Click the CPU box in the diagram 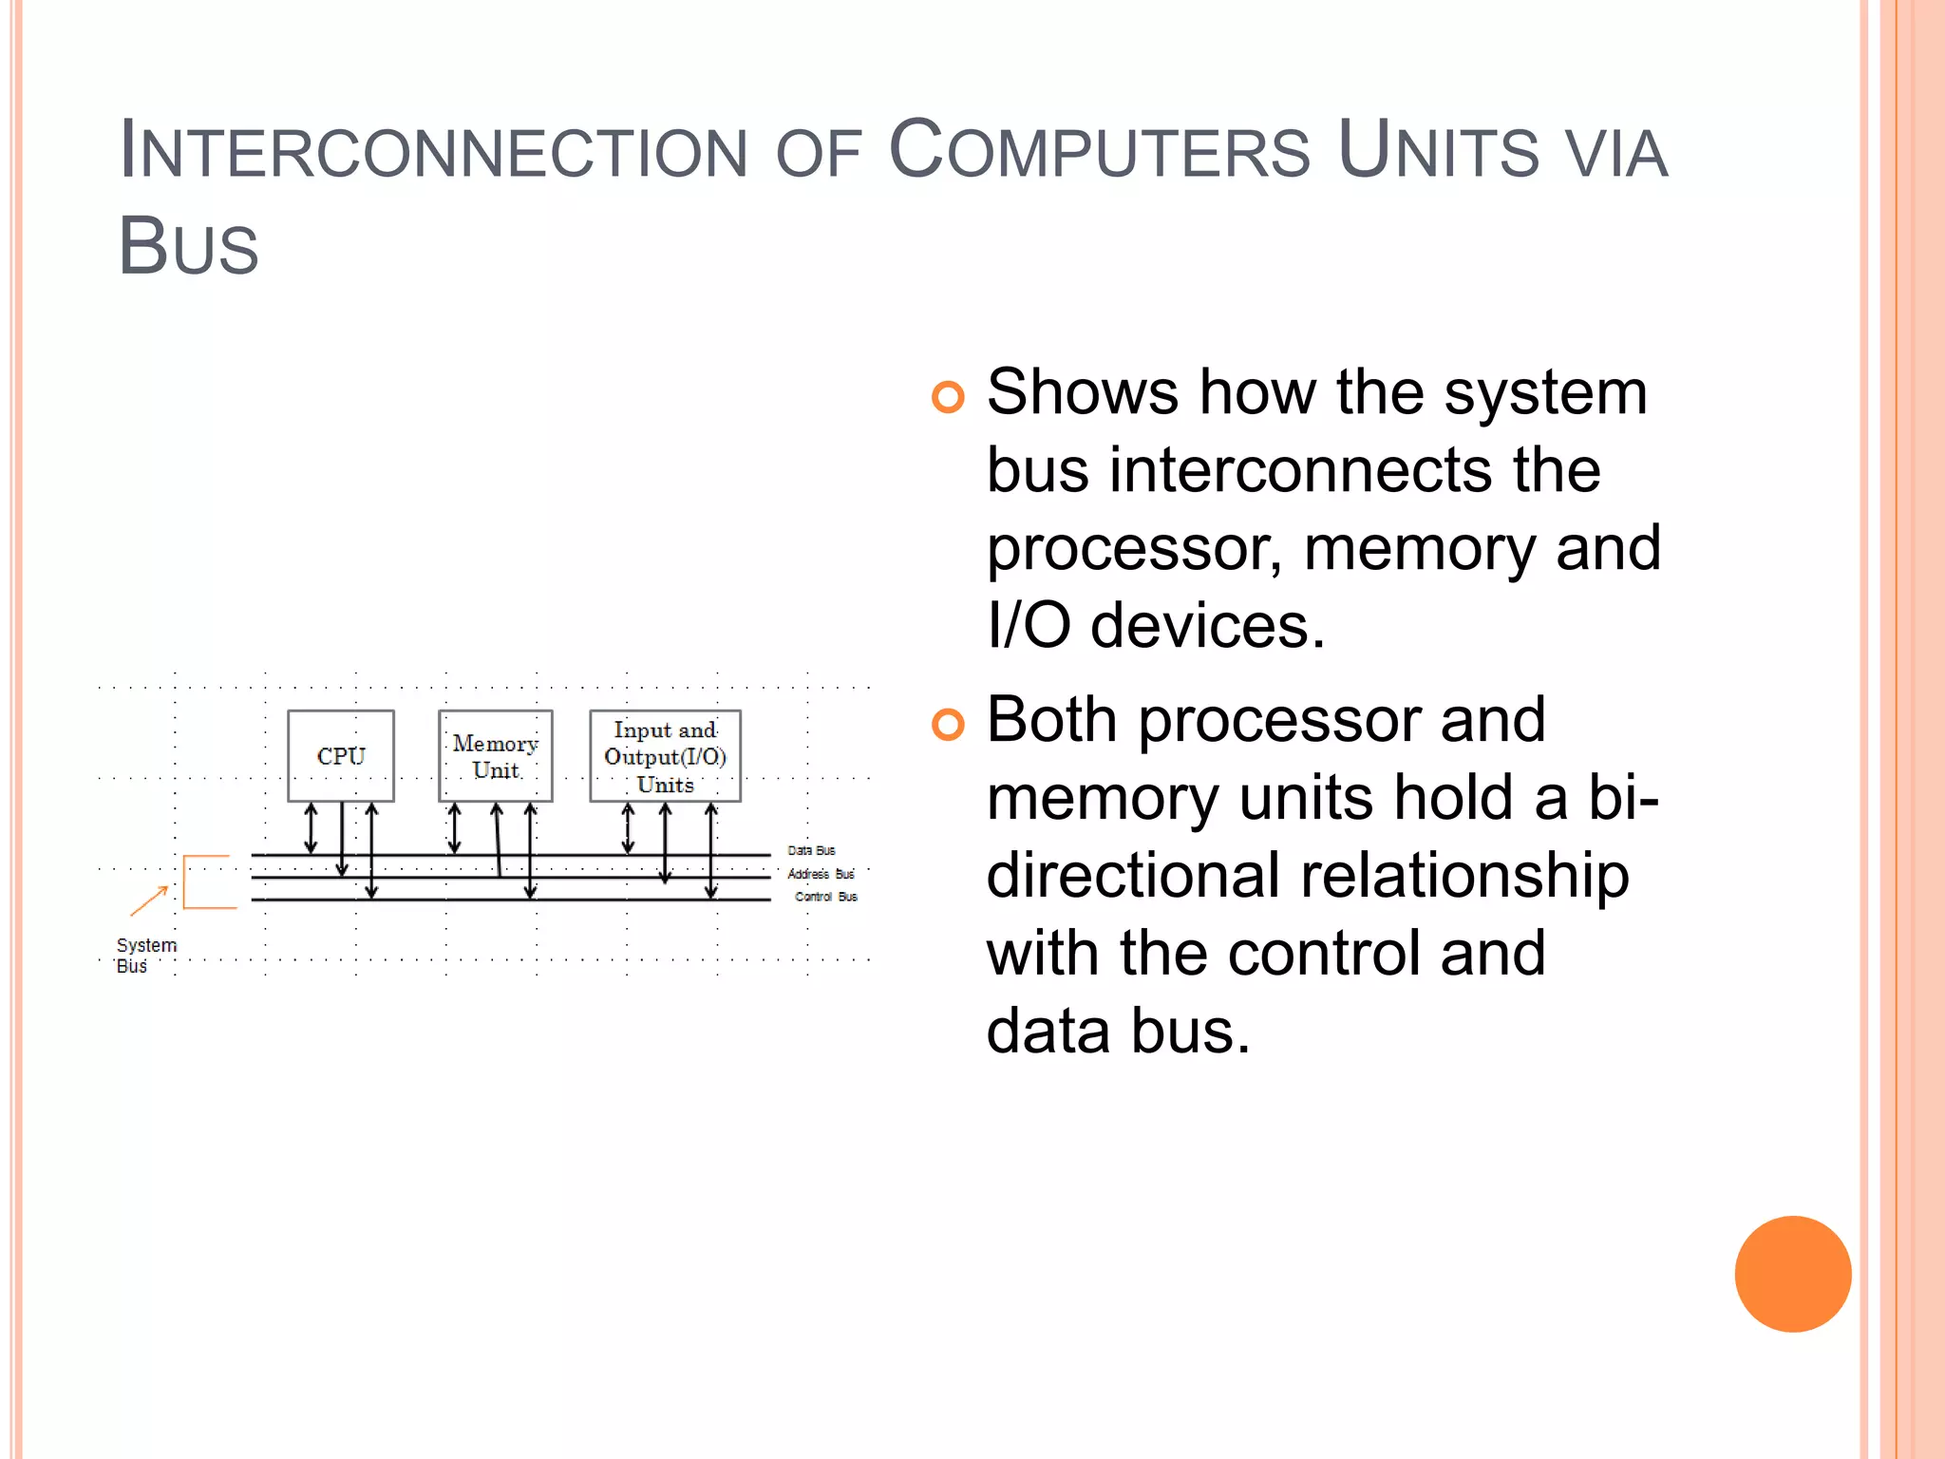(340, 756)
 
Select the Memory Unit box (495, 756)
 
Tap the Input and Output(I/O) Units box (665, 756)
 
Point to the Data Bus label (811, 850)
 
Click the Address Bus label (821, 874)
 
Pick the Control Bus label (825, 897)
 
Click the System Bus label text (145, 956)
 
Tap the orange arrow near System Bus (149, 900)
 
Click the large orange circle (1792, 1274)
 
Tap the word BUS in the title (188, 246)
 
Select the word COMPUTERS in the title (1099, 152)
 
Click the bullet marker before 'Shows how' (947, 396)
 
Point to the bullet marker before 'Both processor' (947, 724)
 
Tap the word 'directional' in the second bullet (1132, 875)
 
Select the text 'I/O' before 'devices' (1029, 626)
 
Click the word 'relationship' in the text (1463, 875)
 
